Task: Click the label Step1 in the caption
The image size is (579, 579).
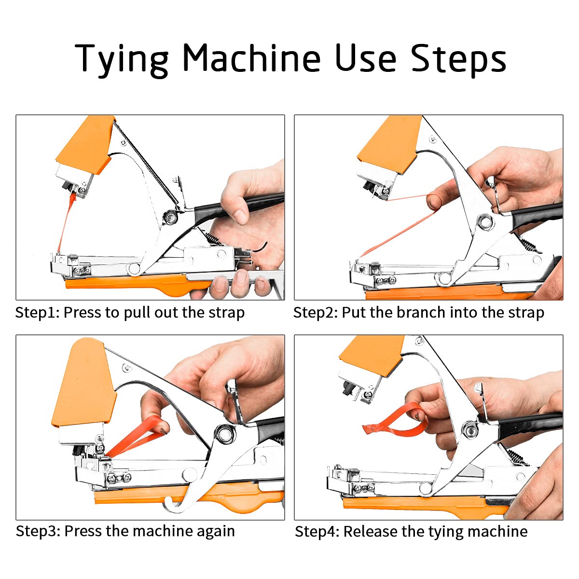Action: (x=36, y=313)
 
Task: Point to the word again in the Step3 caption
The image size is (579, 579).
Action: (x=216, y=531)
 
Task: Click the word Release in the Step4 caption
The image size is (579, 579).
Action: (x=370, y=532)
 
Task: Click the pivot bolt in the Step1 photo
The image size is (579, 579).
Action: (x=169, y=217)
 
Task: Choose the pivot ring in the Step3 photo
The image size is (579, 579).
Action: (x=224, y=434)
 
